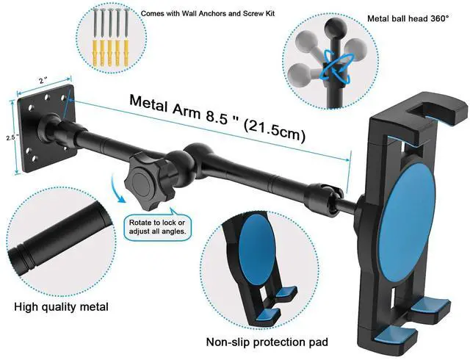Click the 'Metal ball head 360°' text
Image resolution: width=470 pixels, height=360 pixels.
[408, 19]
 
